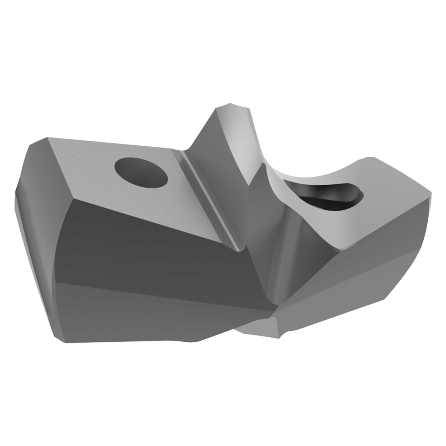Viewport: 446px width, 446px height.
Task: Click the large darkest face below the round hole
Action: click(x=146, y=244)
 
